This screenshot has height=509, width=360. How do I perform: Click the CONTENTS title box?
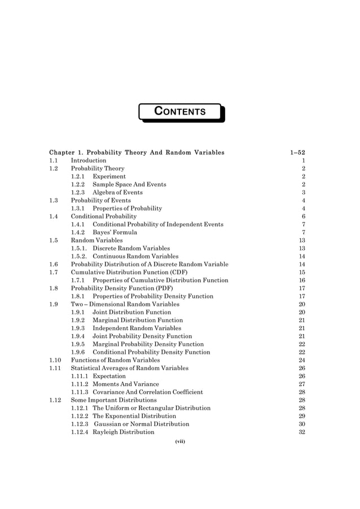(x=180, y=112)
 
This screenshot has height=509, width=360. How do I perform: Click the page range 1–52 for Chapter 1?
(x=297, y=152)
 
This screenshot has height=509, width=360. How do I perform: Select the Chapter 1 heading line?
(x=137, y=152)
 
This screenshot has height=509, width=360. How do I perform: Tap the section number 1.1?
(x=54, y=160)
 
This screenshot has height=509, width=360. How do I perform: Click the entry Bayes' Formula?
(x=115, y=232)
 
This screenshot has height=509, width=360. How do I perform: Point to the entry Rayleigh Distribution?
(x=123, y=432)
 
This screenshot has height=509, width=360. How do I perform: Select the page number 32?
(x=301, y=432)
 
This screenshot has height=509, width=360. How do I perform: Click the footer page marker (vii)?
(x=180, y=442)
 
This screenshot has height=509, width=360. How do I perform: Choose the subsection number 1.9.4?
(x=78, y=336)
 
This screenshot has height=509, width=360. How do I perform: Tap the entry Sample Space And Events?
(x=129, y=184)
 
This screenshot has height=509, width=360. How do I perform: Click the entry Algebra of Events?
(x=117, y=192)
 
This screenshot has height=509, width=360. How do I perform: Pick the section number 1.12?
(x=55, y=400)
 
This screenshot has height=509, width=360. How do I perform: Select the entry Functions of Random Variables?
(x=115, y=360)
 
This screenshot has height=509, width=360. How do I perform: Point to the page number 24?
(x=301, y=360)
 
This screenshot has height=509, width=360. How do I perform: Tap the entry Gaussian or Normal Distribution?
(x=142, y=424)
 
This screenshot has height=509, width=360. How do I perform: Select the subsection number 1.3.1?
(x=78, y=208)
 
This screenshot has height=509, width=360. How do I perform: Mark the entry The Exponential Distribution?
(x=134, y=416)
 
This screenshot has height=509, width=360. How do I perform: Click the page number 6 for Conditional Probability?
(x=303, y=216)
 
